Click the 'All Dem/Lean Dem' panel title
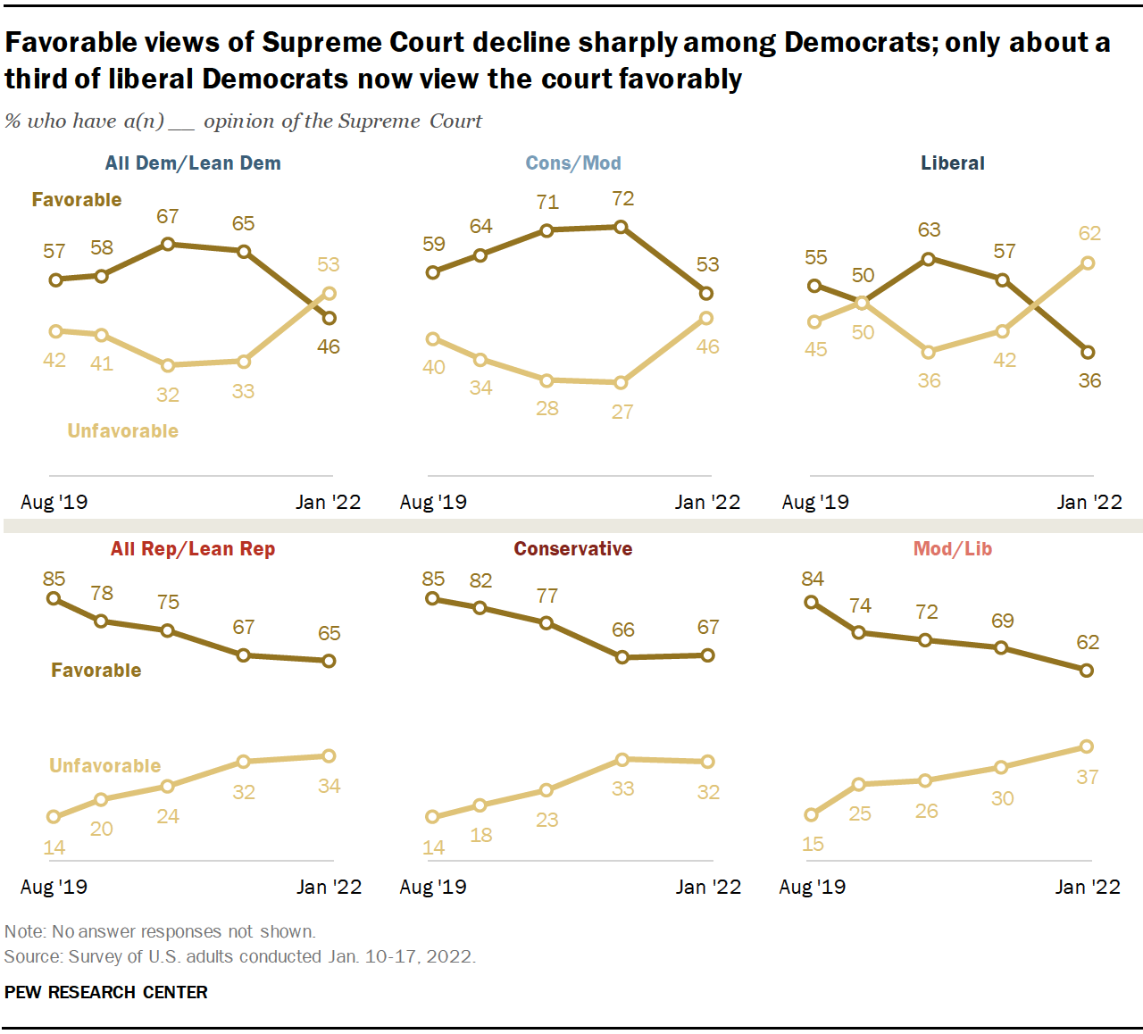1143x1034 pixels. point(193,163)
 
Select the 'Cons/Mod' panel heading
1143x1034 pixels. point(573,163)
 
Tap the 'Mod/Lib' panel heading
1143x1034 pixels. point(953,549)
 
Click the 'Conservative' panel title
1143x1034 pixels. point(573,549)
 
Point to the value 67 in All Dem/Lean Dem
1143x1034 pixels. point(168,217)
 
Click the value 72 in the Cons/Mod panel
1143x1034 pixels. point(622,199)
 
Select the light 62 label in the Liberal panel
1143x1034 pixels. point(1089,234)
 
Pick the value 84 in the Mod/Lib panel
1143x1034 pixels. point(813,580)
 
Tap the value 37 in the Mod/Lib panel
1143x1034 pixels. point(1088,778)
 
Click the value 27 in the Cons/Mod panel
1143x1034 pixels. point(622,413)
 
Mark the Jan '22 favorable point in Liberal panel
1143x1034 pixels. point(1088,352)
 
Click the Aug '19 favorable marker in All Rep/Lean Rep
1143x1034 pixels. point(54,599)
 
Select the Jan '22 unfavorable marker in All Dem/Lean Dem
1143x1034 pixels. point(330,293)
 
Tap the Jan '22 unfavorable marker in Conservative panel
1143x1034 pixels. point(708,762)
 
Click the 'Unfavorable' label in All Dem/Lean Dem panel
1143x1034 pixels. point(123,431)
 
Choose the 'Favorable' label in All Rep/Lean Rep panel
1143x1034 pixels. point(96,671)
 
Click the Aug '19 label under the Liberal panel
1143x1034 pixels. point(815,503)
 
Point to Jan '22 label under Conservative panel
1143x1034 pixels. point(708,888)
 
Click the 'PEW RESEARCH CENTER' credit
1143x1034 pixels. point(106,993)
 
